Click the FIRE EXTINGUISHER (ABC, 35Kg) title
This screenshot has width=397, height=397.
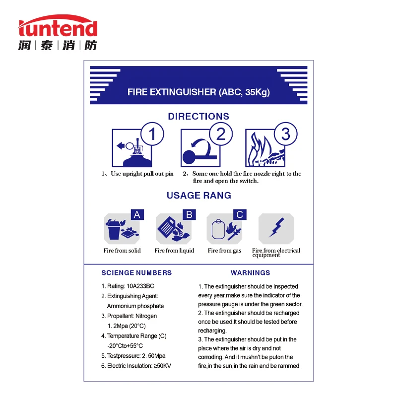[198, 92]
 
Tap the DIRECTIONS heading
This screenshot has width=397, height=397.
[198, 117]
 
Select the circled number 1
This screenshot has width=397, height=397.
[152, 134]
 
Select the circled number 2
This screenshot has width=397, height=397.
[221, 134]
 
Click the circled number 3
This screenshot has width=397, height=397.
[285, 134]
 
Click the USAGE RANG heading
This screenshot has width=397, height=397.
[198, 196]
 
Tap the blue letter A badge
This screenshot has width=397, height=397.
[137, 214]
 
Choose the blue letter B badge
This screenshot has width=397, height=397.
[189, 214]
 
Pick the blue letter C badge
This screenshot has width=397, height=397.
[240, 214]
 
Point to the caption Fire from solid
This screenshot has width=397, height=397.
[122, 251]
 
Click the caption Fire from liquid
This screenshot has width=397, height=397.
[174, 251]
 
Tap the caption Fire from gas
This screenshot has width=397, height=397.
[224, 251]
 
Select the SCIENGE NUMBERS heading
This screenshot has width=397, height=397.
[136, 272]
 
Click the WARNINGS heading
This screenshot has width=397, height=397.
[250, 272]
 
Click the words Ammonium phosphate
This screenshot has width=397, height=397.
[135, 306]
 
